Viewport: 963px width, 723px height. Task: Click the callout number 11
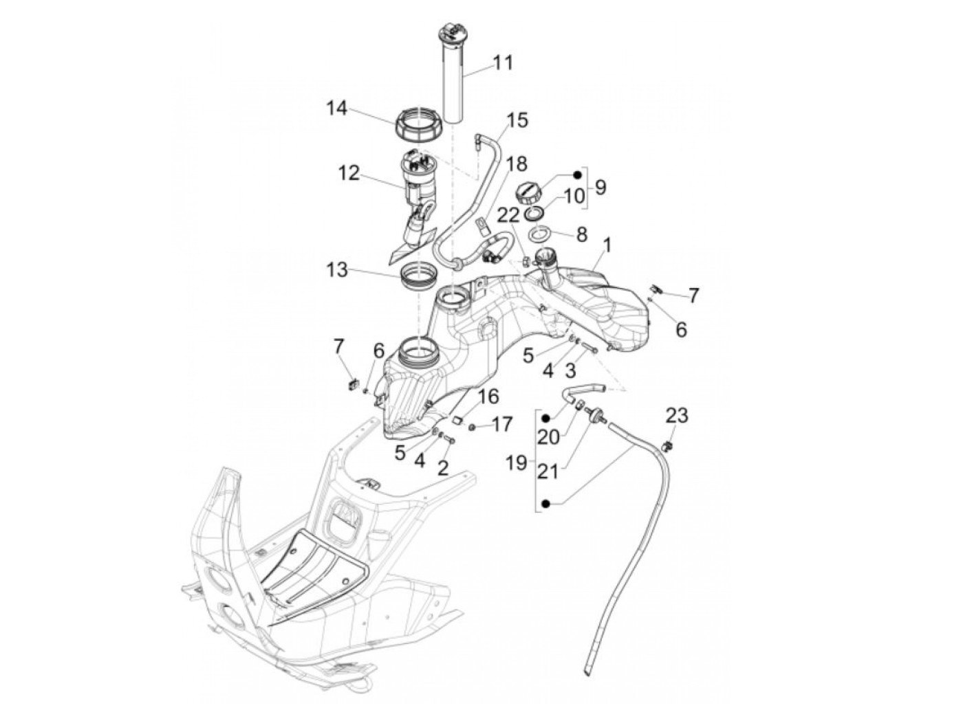click(503, 63)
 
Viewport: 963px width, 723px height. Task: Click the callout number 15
click(517, 121)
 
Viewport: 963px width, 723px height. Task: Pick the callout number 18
click(517, 164)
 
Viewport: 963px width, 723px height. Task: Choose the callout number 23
click(677, 416)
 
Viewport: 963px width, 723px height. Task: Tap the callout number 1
click(607, 244)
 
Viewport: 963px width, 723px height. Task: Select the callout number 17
click(502, 424)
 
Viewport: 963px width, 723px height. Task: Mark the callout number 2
click(443, 469)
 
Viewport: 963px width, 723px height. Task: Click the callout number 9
click(600, 186)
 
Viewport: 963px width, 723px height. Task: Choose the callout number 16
click(487, 397)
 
